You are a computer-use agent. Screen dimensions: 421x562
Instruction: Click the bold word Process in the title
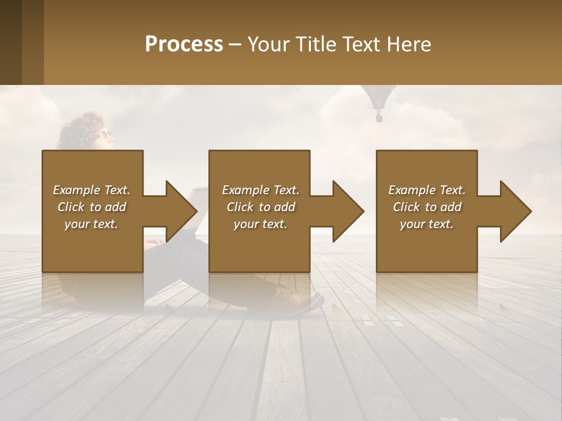click(184, 44)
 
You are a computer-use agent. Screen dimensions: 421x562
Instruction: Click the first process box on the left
click(92, 246)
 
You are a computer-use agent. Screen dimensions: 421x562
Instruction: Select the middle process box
click(259, 246)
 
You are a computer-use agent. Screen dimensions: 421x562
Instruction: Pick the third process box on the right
click(427, 246)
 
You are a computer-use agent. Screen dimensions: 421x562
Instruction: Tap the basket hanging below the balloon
click(379, 118)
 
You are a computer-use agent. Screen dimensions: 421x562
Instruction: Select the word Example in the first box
click(76, 190)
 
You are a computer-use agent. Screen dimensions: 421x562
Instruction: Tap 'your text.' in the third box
click(427, 224)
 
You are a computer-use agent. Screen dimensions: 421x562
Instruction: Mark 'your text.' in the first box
click(91, 224)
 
